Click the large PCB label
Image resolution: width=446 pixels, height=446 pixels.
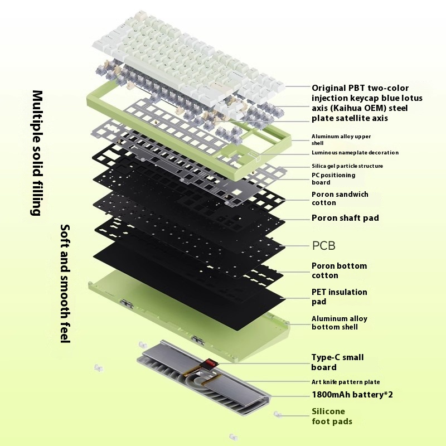click(323, 245)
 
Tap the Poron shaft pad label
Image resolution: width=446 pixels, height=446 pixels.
click(345, 218)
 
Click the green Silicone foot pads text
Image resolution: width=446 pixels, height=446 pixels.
click(332, 417)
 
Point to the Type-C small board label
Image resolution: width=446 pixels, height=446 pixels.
click(337, 362)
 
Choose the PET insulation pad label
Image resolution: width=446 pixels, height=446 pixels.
click(339, 297)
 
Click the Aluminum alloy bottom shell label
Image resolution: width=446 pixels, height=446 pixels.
click(339, 323)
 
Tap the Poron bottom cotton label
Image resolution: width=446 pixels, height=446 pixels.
click(339, 270)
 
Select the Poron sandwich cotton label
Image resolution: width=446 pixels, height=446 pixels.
click(340, 198)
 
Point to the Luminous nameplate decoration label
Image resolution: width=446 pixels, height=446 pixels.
click(355, 153)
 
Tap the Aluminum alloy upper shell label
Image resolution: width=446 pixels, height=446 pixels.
click(341, 139)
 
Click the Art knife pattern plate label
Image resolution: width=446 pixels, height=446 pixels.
click(345, 382)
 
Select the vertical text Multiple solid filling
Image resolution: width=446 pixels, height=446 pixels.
click(38, 153)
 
